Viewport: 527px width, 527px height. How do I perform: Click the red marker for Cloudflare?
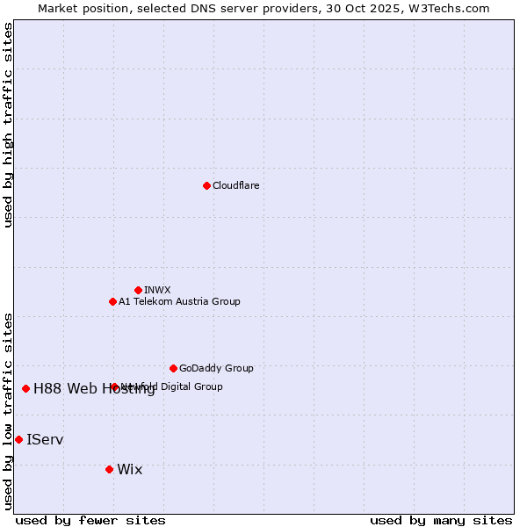tap(206, 185)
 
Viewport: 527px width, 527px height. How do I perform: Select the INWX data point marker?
tap(138, 290)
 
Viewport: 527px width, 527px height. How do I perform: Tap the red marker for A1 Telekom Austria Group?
tap(112, 301)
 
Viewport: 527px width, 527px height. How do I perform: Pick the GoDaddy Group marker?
tap(173, 368)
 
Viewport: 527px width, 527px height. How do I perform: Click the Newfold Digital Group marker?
tap(114, 386)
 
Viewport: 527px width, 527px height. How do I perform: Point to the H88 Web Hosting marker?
tap(25, 388)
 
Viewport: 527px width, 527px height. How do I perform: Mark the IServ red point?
tap(18, 439)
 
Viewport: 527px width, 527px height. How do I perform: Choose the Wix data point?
tap(109, 469)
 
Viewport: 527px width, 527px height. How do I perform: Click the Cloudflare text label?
tap(236, 185)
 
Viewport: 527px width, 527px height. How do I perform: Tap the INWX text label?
tap(157, 290)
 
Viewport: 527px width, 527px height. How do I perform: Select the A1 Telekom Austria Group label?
tap(179, 301)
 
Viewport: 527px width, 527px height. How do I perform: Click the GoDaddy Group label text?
tap(216, 368)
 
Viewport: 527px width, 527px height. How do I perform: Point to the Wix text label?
tap(129, 469)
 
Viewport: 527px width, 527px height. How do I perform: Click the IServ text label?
tap(45, 439)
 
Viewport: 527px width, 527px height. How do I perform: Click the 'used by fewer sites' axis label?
tap(90, 520)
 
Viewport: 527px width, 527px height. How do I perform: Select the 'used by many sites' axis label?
tap(441, 520)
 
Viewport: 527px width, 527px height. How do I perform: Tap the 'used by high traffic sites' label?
tap(8, 125)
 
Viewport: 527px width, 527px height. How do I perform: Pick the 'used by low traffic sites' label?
tap(8, 410)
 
